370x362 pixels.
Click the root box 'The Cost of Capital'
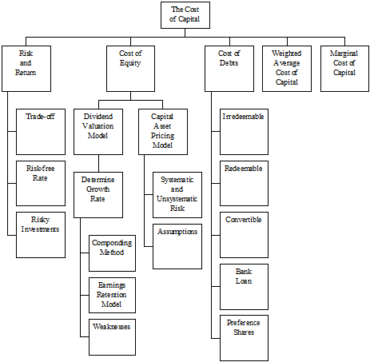[x=185, y=15]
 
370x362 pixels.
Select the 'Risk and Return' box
[x=26, y=69]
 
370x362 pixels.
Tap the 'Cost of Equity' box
[x=130, y=69]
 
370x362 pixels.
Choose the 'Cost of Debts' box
[x=229, y=69]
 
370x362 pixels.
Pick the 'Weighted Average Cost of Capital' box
[x=287, y=69]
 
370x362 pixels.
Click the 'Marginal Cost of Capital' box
[x=344, y=69]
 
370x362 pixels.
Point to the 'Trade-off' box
[x=41, y=132]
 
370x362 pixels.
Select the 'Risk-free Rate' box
[x=41, y=183]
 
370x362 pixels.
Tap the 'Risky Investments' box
[x=41, y=235]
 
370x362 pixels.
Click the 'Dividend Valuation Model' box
[x=98, y=132]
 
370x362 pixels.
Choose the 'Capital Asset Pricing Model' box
[x=163, y=132]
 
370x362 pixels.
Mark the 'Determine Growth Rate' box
[x=98, y=195]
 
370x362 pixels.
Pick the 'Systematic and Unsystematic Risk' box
[x=177, y=195]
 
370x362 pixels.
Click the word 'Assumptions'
[x=177, y=232]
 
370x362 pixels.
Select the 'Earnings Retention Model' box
[x=112, y=295]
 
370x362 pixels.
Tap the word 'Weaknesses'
[x=112, y=327]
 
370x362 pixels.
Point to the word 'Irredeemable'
[x=243, y=117]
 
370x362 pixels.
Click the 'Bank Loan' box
[x=244, y=287]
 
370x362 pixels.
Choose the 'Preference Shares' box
[x=244, y=338]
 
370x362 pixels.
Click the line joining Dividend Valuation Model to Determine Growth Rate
[x=99, y=163]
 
